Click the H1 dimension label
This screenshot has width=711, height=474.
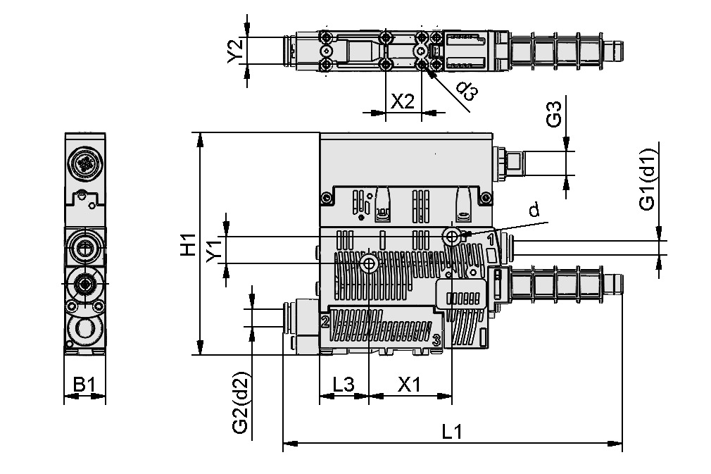click(x=187, y=244)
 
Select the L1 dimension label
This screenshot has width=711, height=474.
click(x=452, y=432)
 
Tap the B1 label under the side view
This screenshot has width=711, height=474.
click(x=84, y=385)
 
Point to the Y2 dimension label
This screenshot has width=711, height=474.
click(x=236, y=50)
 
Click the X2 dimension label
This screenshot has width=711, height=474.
click(x=403, y=101)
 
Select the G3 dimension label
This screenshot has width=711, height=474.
click(x=555, y=114)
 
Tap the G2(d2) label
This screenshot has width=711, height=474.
click(x=240, y=403)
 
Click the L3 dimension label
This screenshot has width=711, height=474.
click(x=344, y=385)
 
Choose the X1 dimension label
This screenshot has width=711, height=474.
click(x=409, y=385)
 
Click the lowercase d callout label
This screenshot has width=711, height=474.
click(x=534, y=210)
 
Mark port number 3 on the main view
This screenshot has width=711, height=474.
click(x=436, y=340)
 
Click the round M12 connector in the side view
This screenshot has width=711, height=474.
click(x=85, y=165)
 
